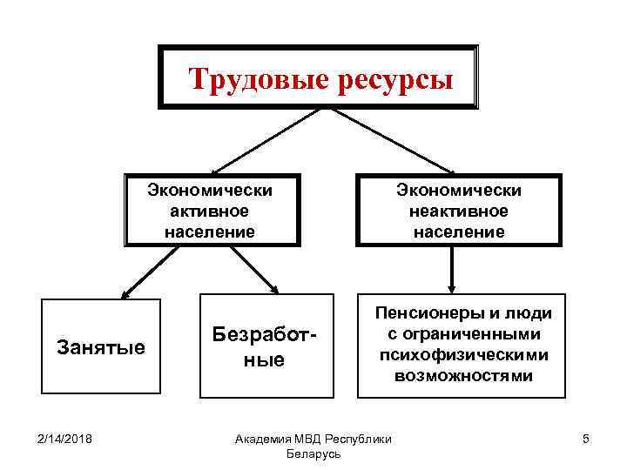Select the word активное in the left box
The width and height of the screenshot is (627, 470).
coord(211,211)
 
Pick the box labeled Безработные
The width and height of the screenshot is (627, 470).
coord(261,348)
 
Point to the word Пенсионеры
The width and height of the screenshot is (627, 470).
coord(427,314)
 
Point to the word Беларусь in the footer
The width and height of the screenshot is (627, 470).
coord(312,454)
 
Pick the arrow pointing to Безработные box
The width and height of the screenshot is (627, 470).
coord(253,270)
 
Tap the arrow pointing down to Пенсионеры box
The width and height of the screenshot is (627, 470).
coord(450,270)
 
